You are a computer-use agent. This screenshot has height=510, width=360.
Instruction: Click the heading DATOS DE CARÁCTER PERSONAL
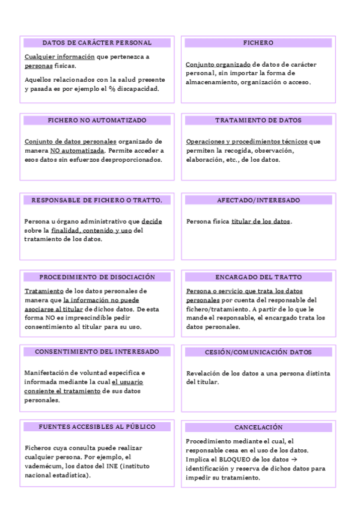tap(97, 43)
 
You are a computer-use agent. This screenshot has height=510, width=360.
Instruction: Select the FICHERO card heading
tap(258, 43)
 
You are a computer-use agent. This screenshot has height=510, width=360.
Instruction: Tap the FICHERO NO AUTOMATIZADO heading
tap(97, 120)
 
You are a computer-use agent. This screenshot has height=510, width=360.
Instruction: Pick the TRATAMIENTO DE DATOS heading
tap(258, 120)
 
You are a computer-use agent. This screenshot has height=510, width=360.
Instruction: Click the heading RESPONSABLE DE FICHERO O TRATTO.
tap(97, 200)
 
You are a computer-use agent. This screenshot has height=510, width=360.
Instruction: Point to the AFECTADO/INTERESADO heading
tap(258, 200)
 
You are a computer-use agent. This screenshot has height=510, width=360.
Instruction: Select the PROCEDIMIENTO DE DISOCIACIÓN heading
tap(97, 277)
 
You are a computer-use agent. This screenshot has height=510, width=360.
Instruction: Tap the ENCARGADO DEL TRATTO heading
tap(258, 277)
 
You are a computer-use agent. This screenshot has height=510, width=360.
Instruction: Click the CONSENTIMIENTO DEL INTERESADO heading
tap(97, 351)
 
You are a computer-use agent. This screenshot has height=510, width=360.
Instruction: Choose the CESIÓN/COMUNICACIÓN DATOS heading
tap(258, 352)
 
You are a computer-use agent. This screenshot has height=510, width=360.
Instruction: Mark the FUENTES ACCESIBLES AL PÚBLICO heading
tap(97, 426)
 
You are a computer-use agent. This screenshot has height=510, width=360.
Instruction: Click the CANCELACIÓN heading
tap(258, 427)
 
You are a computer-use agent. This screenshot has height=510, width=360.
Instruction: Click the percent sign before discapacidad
tap(112, 89)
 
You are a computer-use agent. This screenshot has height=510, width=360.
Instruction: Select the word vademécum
tap(44, 466)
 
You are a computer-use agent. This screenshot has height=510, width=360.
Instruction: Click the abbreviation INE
tap(112, 466)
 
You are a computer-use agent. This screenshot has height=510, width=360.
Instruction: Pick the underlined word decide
tap(151, 221)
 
